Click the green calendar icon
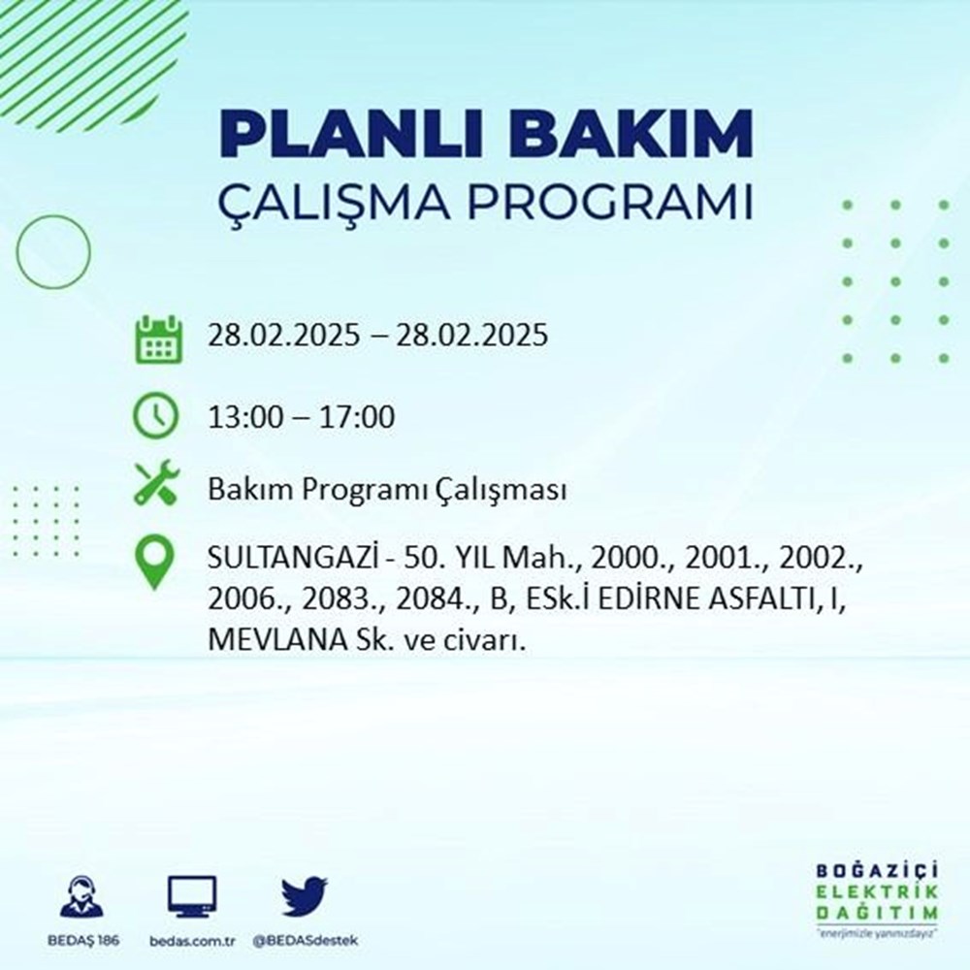156,338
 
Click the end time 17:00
360,417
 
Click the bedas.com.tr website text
192,942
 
